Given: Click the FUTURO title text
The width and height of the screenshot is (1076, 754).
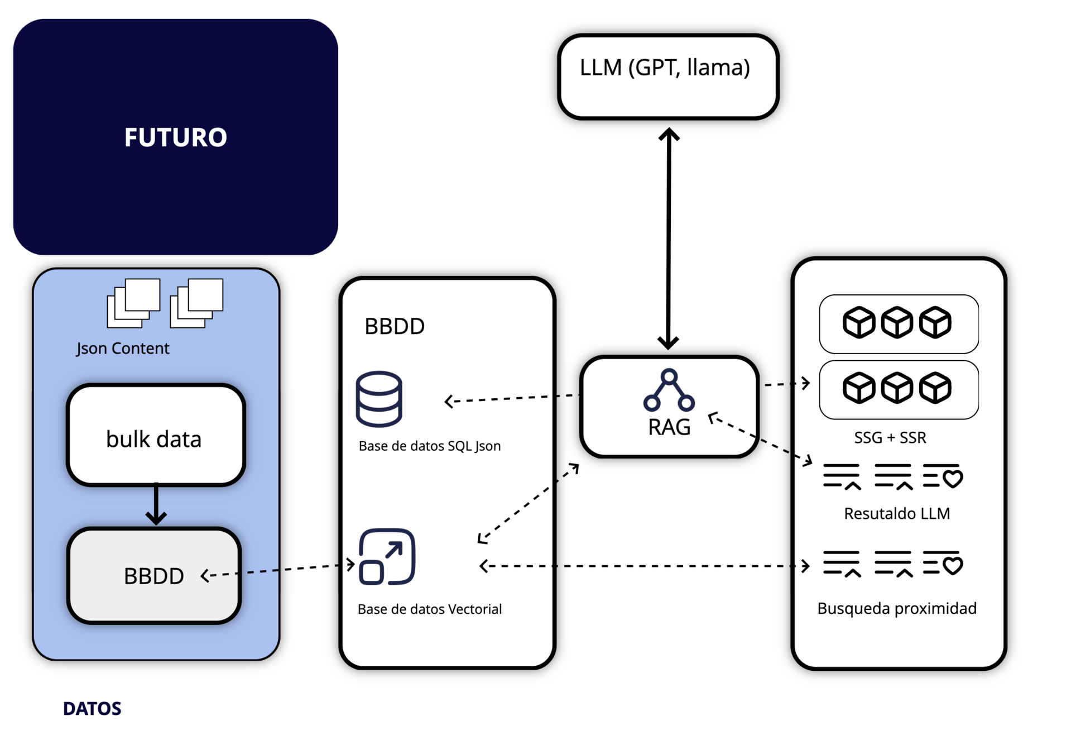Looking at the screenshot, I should click(175, 137).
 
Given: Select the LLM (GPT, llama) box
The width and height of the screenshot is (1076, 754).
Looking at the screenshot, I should click(668, 77).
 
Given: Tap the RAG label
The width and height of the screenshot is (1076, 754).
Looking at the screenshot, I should click(669, 427).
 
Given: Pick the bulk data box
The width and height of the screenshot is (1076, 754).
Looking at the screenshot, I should click(156, 435).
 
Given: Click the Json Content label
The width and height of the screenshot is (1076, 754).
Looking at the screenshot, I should click(123, 349).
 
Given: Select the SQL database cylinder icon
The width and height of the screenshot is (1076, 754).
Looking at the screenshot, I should click(379, 399).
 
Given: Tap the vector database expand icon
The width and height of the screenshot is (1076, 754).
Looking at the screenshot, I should click(387, 557).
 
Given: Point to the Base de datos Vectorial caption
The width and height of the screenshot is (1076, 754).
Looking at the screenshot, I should click(429, 609).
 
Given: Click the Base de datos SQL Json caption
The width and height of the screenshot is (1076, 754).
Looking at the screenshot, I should click(429, 446).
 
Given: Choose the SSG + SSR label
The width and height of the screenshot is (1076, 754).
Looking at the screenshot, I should click(890, 438).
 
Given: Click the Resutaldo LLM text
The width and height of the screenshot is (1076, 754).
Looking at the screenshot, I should click(896, 514).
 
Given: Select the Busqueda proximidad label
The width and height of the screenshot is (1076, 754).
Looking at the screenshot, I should click(896, 608).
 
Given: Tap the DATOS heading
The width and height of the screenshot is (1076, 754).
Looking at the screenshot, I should click(92, 709).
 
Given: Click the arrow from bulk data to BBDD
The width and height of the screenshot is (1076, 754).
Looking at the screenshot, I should click(156, 504).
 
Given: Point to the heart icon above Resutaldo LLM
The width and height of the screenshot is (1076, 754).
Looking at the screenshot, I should click(952, 479).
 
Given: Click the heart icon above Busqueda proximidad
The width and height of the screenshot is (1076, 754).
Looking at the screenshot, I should click(952, 565).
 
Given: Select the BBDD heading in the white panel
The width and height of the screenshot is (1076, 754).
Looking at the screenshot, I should click(395, 327).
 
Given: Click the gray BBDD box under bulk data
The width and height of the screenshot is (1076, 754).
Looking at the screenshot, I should click(154, 576).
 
